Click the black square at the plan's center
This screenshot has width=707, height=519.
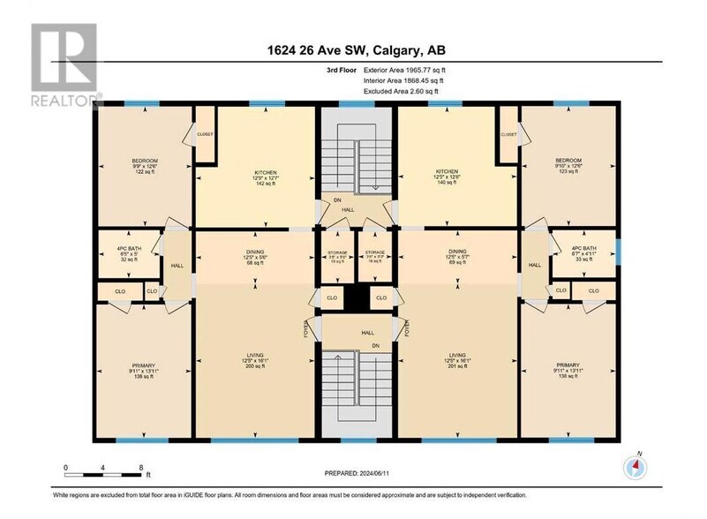[355, 298]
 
